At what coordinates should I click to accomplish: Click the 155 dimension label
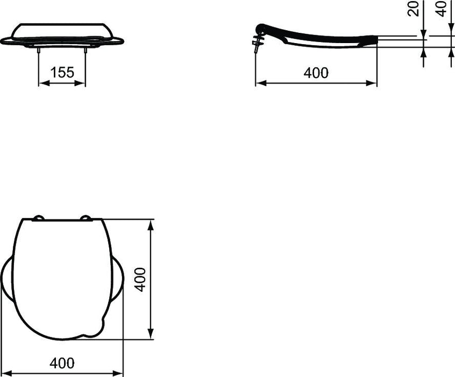pyautogui.click(x=62, y=72)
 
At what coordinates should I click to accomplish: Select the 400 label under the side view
pyautogui.click(x=316, y=73)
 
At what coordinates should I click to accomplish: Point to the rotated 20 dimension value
pyautogui.click(x=414, y=9)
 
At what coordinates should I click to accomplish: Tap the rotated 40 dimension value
pyautogui.click(x=442, y=9)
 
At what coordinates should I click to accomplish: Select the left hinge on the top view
pyautogui.click(x=38, y=218)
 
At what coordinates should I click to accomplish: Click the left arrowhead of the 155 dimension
pyautogui.click(x=42, y=83)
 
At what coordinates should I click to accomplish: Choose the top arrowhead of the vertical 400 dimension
pyautogui.click(x=152, y=224)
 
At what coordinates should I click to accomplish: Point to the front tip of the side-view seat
pyautogui.click(x=375, y=39)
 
